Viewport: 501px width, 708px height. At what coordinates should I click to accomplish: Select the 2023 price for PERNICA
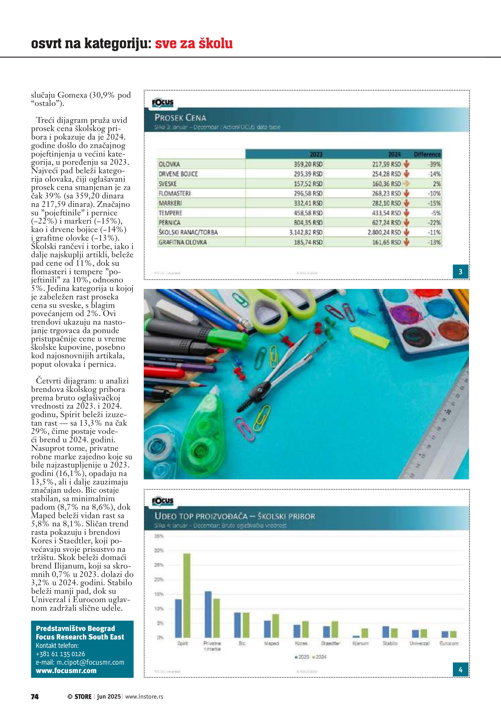point(308,223)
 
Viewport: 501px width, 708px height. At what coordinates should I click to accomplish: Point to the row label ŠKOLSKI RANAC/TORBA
point(188,232)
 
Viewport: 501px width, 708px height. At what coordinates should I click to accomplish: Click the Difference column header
point(427,154)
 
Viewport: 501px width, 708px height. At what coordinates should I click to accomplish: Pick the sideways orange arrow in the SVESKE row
point(407,184)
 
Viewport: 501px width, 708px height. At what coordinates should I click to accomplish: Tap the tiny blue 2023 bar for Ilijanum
point(356,637)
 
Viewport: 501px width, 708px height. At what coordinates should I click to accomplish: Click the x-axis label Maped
point(271,643)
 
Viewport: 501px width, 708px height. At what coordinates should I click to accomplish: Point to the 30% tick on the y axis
point(159,550)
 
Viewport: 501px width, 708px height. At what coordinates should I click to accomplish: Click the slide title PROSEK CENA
point(180,117)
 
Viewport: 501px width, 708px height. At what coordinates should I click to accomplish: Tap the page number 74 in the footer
point(35,697)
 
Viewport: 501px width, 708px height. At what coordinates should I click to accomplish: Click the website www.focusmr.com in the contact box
point(66,671)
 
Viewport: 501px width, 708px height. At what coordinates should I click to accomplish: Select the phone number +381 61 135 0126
point(60,654)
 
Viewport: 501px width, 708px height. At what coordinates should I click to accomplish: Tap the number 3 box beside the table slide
point(460,272)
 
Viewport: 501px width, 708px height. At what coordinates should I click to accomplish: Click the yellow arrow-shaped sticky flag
point(369,337)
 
